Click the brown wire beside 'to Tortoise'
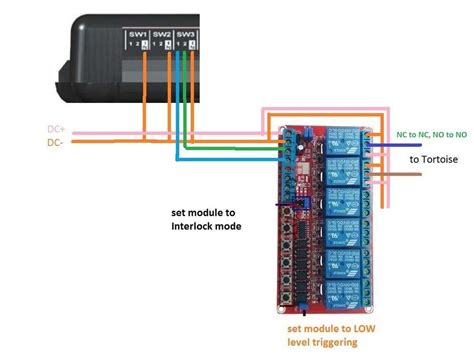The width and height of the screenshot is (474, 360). pos(400,176)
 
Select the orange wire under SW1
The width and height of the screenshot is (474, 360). pos(146,90)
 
